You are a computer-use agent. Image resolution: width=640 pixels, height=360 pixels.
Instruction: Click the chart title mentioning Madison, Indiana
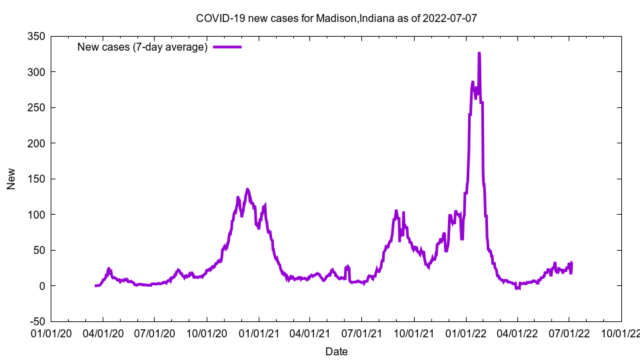point(336,18)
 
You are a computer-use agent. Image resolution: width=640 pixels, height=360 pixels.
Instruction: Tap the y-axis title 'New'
point(11,179)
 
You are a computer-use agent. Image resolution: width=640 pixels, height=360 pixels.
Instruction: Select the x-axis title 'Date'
point(336,351)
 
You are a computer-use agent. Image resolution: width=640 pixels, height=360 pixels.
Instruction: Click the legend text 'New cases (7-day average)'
point(143,47)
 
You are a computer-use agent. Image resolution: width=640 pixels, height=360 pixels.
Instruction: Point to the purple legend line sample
point(227,47)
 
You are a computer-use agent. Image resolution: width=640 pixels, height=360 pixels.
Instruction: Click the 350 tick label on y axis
point(36,36)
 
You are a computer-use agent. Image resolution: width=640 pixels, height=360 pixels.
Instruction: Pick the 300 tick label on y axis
point(36,72)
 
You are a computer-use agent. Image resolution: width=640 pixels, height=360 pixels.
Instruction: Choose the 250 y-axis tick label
point(36,107)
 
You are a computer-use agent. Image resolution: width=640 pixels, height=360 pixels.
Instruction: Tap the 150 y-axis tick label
point(36,179)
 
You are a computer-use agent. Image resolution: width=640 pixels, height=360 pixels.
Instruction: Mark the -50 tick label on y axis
point(36,321)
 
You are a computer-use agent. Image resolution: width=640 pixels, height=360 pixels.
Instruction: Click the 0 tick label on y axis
point(42,286)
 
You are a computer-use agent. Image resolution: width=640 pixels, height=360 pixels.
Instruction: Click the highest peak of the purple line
point(479,53)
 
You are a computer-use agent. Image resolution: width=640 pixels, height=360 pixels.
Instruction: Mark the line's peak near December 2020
point(247,189)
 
